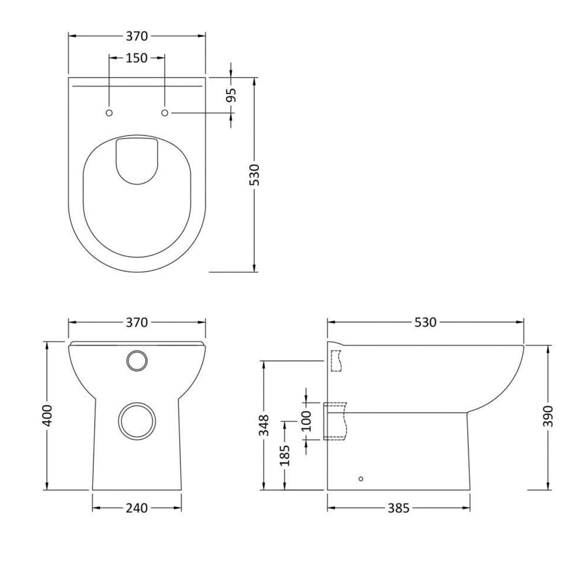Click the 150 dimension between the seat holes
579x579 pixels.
tap(137, 58)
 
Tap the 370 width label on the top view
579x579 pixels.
tap(137, 36)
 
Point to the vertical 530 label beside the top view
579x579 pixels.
tap(254, 175)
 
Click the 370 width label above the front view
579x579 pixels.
tap(137, 322)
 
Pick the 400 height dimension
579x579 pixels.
tap(47, 415)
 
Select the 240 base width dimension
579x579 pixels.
tap(137, 508)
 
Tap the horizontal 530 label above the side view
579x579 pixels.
tap(426, 322)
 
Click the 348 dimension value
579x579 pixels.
tap(263, 425)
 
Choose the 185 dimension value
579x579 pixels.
tap(286, 455)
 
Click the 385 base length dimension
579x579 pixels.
tap(399, 508)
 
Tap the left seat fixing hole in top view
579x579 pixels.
tap(109, 112)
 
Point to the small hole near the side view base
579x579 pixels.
tap(360, 479)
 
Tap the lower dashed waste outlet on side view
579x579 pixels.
tap(336, 421)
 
